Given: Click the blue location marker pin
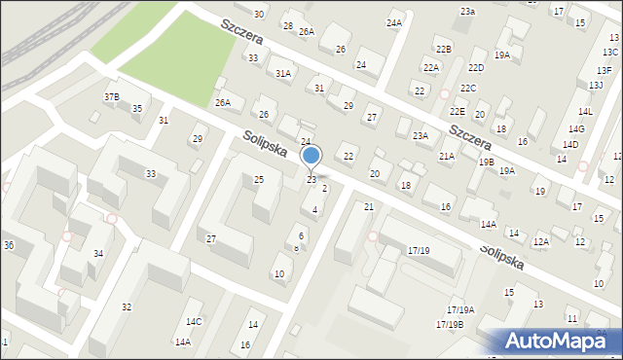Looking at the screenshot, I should pyautogui.click(x=311, y=156).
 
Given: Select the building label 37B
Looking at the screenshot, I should pyautogui.click(x=112, y=96).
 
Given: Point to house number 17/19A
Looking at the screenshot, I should pyautogui.click(x=460, y=309).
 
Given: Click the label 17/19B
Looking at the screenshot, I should pyautogui.click(x=450, y=324).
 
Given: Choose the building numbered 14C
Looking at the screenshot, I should pyautogui.click(x=194, y=321).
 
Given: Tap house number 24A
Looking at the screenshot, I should pyautogui.click(x=393, y=22).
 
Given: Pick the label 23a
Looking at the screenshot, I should pyautogui.click(x=467, y=11).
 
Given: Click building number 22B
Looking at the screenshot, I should pyautogui.click(x=444, y=49).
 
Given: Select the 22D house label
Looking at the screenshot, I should pyautogui.click(x=476, y=67).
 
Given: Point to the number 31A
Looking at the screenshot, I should pyautogui.click(x=283, y=73).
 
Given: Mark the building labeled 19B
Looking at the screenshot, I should pyautogui.click(x=486, y=162).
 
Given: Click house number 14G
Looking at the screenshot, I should pyautogui.click(x=576, y=128).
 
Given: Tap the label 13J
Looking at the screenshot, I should pyautogui.click(x=596, y=86).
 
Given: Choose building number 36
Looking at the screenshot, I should pyautogui.click(x=8, y=244).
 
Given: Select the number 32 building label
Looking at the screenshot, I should pyautogui.click(x=126, y=306).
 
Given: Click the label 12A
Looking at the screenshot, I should pyautogui.click(x=541, y=240).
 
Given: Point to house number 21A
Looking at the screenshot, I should pyautogui.click(x=447, y=156).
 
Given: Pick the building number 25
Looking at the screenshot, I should pyautogui.click(x=259, y=179).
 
